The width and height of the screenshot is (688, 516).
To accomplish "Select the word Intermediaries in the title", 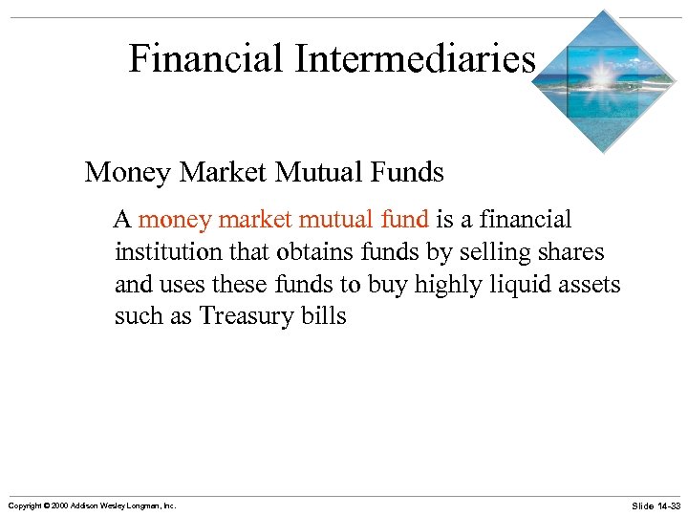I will (415, 59).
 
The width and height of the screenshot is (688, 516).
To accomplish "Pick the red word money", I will (176, 221).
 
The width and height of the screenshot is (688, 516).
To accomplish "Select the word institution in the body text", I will (167, 252).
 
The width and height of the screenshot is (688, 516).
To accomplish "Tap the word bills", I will (324, 316).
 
